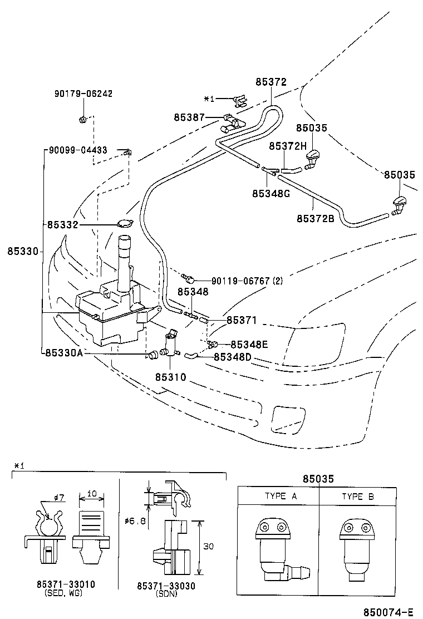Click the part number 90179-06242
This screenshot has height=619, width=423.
coord(83,94)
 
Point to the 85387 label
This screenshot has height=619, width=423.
coord(189,117)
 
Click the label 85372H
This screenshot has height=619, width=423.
coord(288,146)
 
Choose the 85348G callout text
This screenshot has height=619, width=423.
coord(271,194)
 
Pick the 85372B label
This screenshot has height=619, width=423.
coord(315,218)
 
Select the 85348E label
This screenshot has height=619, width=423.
coord(249,345)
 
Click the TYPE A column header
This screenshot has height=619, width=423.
coord(278,496)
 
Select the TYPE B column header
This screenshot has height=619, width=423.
coord(357,496)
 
